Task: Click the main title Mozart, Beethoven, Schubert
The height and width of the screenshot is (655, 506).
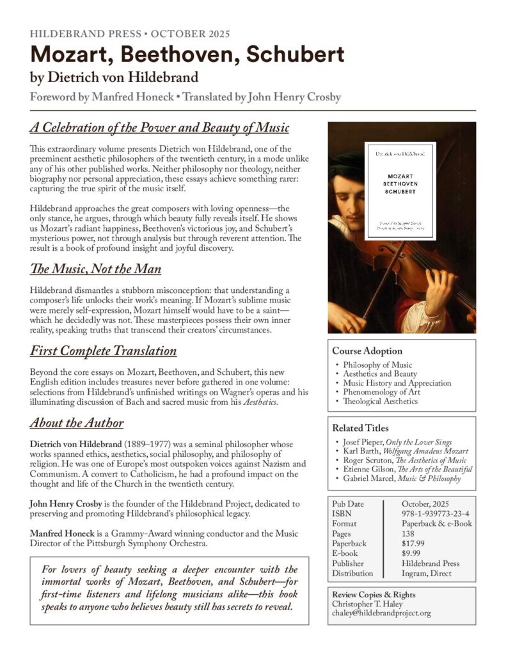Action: (x=187, y=56)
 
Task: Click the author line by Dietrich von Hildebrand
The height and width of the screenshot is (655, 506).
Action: (x=115, y=79)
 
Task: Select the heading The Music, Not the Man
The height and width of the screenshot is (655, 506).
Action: (x=95, y=269)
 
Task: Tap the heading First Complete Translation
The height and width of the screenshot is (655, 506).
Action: (x=103, y=351)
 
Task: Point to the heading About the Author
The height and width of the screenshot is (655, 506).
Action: (x=76, y=423)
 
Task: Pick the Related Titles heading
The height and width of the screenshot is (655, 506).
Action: (x=360, y=428)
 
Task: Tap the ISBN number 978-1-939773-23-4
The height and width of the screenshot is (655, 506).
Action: (x=436, y=513)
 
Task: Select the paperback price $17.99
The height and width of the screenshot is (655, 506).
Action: (x=414, y=543)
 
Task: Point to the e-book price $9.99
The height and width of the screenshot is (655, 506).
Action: (x=411, y=553)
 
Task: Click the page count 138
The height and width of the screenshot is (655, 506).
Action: (x=408, y=533)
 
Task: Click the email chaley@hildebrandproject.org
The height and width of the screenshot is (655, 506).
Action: (x=381, y=613)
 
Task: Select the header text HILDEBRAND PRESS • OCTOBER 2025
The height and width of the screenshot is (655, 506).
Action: (x=130, y=34)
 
